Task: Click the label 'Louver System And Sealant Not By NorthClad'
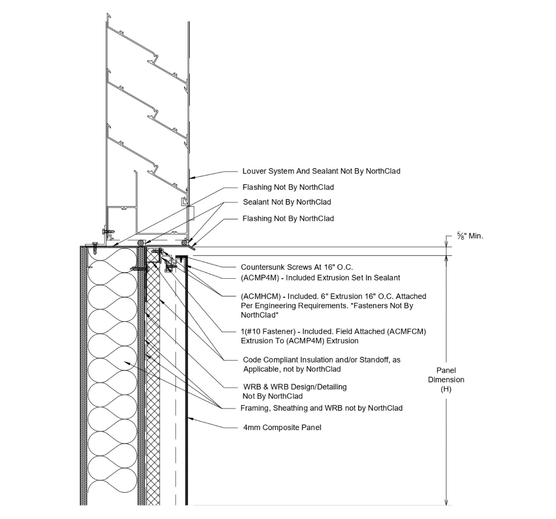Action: (x=321, y=171)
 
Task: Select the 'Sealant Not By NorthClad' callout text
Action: (x=287, y=202)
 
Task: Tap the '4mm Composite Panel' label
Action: (x=282, y=427)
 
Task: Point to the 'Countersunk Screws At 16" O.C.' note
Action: (x=297, y=267)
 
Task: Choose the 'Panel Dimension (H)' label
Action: (x=446, y=380)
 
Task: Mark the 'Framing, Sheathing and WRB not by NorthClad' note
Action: (x=321, y=408)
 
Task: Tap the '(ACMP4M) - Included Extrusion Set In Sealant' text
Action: (x=320, y=278)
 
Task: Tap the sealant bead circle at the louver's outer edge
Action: (x=184, y=242)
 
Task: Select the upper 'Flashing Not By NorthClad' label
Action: (x=288, y=188)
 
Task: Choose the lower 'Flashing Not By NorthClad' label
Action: (x=288, y=219)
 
